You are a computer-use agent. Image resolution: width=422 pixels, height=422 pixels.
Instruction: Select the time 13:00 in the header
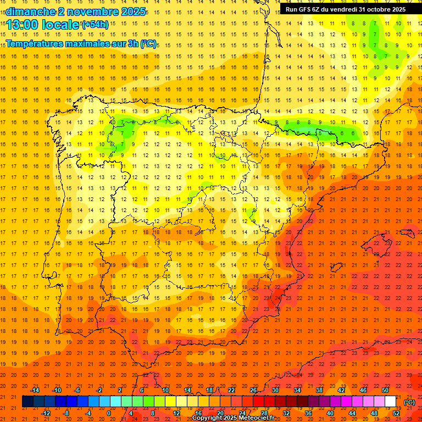24,25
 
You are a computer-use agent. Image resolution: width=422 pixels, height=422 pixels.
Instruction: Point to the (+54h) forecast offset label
95,25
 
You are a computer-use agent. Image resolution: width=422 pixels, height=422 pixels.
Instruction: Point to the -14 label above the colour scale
35,390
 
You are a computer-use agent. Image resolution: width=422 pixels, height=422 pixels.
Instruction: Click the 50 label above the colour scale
385,390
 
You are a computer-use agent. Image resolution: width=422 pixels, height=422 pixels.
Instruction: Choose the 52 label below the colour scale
396,413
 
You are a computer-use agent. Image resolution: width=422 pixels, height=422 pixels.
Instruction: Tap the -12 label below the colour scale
46,413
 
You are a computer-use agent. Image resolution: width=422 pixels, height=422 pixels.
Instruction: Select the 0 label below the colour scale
109,413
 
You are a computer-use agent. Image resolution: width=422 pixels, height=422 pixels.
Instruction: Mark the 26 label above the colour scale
253,390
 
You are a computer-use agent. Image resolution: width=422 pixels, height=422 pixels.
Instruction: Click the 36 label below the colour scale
308,413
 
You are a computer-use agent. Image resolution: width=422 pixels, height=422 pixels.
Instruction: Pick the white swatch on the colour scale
391,402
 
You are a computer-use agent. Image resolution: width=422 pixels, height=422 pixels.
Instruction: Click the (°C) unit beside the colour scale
409,402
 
